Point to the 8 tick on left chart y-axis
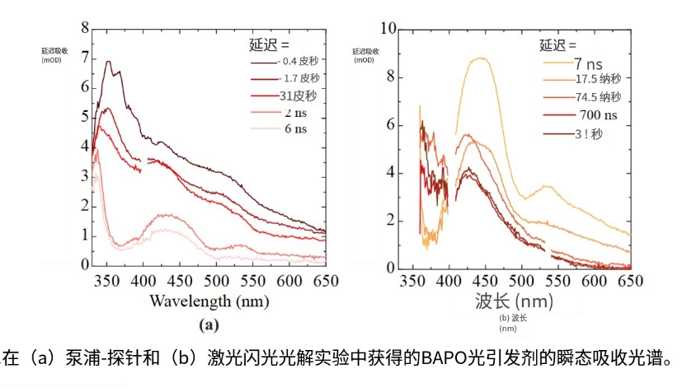click(84, 29)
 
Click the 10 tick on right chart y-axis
click(387, 29)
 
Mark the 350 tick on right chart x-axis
click(410, 281)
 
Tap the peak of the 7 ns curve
click(479, 58)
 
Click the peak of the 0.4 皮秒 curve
click(108, 61)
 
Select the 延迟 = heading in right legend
click(558, 44)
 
